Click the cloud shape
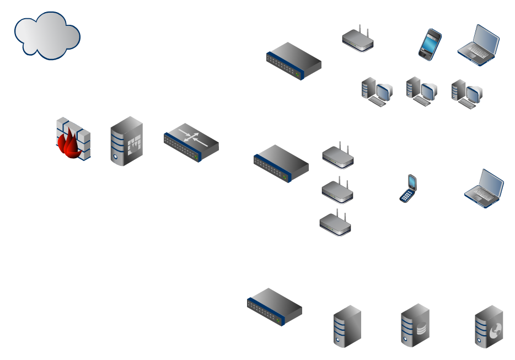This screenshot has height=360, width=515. click(x=47, y=36)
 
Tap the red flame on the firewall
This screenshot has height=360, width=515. click(x=71, y=144)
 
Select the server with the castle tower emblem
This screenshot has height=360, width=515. click(x=126, y=141)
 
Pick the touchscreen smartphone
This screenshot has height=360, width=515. click(x=430, y=44)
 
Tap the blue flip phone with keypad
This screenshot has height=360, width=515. click(x=407, y=189)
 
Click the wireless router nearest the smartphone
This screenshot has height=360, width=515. click(x=358, y=40)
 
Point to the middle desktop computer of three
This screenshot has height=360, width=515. click(x=421, y=91)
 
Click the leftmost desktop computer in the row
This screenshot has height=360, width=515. click(x=377, y=92)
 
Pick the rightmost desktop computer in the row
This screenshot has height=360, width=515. click(x=466, y=93)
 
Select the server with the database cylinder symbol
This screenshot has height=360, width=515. click(x=415, y=325)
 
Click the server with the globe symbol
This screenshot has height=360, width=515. click(x=489, y=327)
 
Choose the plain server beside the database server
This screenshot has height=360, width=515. click(x=347, y=326)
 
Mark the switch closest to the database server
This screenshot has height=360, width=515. click(x=275, y=307)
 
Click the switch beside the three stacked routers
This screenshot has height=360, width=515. click(x=281, y=164)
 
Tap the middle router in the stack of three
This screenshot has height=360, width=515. click(x=337, y=190)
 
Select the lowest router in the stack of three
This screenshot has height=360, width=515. click(x=335, y=224)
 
